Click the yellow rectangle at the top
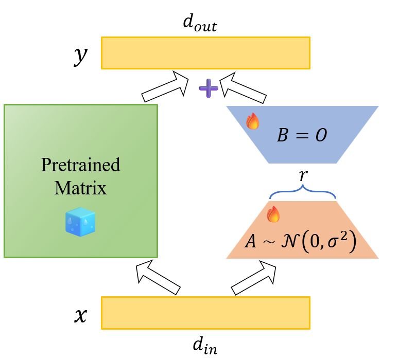tap(205, 53)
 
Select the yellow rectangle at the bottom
tap(205, 313)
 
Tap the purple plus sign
tap(209, 88)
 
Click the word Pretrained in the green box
tap(80, 165)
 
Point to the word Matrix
tap(80, 188)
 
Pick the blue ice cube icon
tap(80, 222)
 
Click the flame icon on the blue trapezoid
tap(252, 121)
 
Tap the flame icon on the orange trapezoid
tap(273, 214)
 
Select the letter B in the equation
tap(282, 136)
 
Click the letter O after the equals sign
tap(321, 136)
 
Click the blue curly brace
tap(303, 191)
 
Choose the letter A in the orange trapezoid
tap(251, 242)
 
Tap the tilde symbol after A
tap(268, 242)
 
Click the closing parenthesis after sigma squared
tap(352, 242)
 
